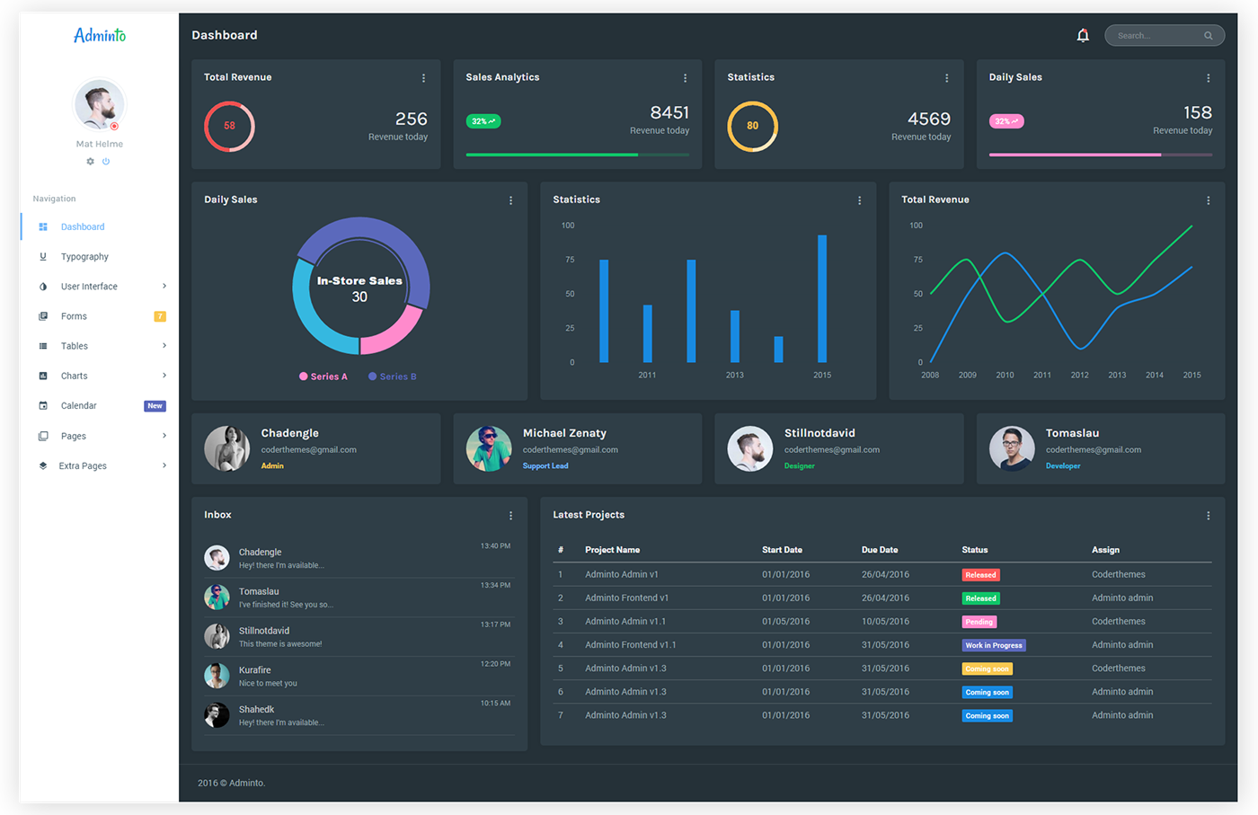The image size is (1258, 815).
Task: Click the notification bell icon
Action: click(x=1082, y=35)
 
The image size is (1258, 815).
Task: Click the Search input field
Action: click(x=1165, y=35)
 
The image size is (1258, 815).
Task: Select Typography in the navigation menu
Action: click(x=84, y=257)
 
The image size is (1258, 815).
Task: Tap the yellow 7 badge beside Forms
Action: click(x=160, y=316)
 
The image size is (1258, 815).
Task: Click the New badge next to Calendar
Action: click(x=155, y=405)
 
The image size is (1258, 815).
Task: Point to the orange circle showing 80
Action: click(x=728, y=127)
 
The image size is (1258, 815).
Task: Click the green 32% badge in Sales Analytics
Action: click(x=483, y=121)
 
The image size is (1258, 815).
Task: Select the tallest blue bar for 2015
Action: click(x=822, y=298)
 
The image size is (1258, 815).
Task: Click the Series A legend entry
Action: click(x=323, y=376)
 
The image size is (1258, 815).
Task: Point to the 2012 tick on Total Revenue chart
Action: click(x=1079, y=375)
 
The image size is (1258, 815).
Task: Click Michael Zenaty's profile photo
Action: click(x=489, y=448)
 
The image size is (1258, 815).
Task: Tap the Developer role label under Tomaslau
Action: click(x=1062, y=465)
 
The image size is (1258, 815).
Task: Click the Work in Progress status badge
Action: click(x=994, y=645)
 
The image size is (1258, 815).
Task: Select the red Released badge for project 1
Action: click(x=980, y=574)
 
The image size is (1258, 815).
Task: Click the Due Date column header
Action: click(x=880, y=550)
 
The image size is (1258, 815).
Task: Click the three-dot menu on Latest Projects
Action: click(x=1209, y=516)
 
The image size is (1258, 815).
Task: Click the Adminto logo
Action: click(x=100, y=35)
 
